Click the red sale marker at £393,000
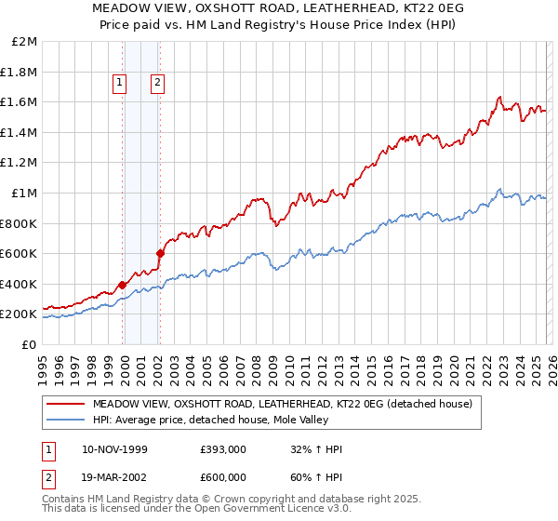pyautogui.click(x=123, y=285)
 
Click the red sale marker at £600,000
pyautogui.click(x=161, y=252)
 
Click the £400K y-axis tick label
pyautogui.click(x=20, y=284)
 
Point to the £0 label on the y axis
pyautogui.click(x=29, y=344)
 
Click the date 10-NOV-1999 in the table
pyautogui.click(x=114, y=449)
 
